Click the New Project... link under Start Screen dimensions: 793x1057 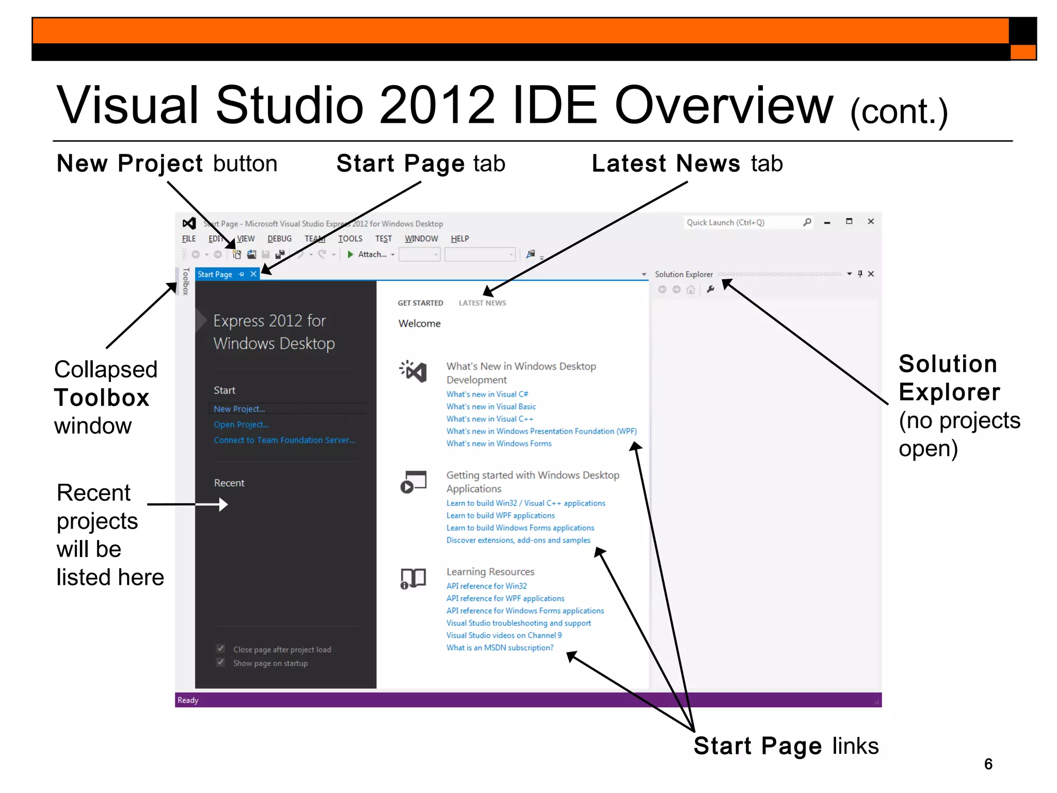tap(239, 409)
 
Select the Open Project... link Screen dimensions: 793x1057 tap(241, 424)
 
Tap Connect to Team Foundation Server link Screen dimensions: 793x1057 tap(284, 440)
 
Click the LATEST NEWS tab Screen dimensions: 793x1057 tap(482, 303)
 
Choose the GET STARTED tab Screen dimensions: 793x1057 tap(420, 303)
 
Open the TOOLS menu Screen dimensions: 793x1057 tap(350, 239)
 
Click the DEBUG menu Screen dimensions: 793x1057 tap(279, 239)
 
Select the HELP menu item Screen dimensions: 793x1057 tap(459, 239)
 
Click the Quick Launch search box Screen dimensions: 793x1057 tap(743, 223)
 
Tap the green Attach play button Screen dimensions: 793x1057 tap(350, 254)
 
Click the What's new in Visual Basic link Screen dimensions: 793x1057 tap(491, 406)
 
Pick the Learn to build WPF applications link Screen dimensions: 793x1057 tap(500, 515)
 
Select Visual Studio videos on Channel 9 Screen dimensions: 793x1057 tap(504, 636)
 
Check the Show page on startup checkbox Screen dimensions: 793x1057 tap(221, 662)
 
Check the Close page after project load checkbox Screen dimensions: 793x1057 tap(221, 648)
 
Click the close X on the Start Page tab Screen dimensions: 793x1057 tap(253, 274)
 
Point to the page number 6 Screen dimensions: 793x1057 tap(988, 764)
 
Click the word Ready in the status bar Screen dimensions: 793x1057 tap(188, 700)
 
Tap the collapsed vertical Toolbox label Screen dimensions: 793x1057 tap(186, 281)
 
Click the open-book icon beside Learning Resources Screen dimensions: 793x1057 tap(413, 578)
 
